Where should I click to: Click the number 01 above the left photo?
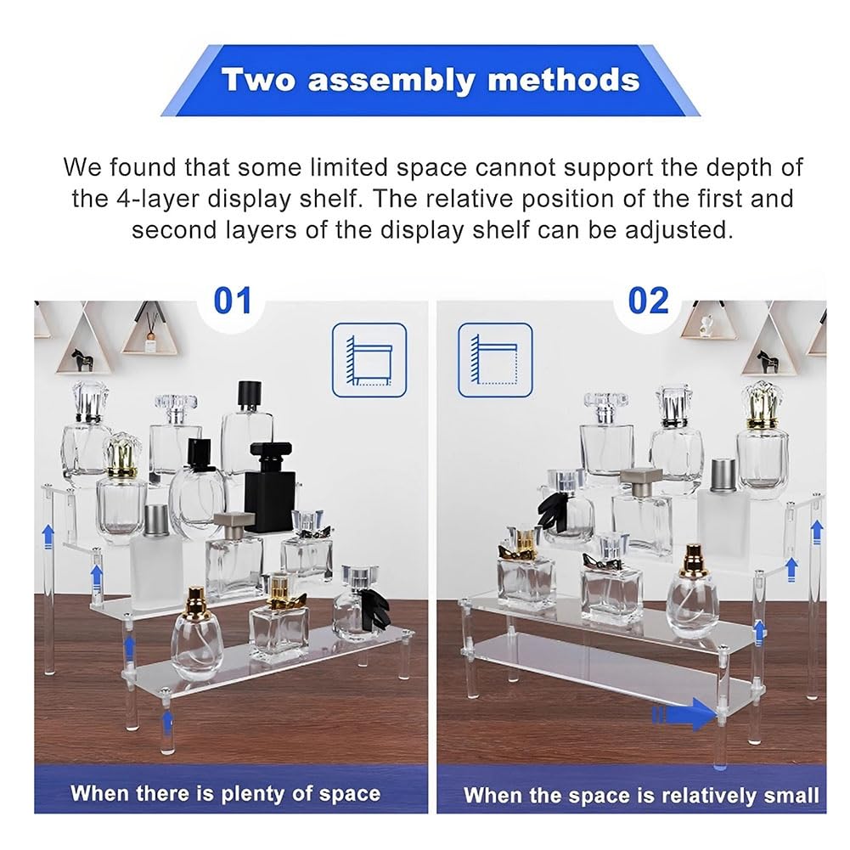(x=233, y=301)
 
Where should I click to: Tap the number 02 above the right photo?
(x=648, y=301)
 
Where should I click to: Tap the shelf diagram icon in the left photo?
(x=369, y=360)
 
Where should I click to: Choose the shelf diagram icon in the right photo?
(x=495, y=360)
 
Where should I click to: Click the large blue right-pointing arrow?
(x=684, y=714)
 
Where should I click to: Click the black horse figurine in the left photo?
(x=82, y=360)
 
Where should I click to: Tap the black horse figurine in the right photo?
(x=768, y=361)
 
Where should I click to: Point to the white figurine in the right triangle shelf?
(x=706, y=324)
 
